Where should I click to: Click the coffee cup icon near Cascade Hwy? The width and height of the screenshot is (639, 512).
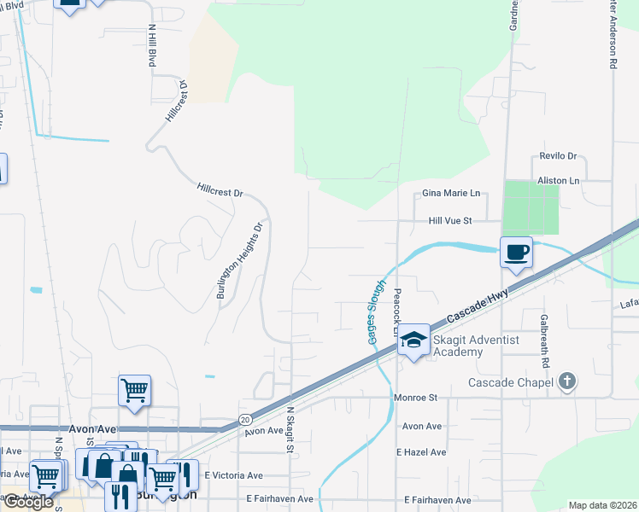(516, 252)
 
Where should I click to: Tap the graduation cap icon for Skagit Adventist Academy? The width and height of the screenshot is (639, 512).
(414, 341)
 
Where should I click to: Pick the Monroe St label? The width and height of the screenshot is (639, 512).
(415, 398)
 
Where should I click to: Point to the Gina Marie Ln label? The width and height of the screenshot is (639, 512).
(451, 194)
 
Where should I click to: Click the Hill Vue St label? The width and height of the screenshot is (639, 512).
(450, 221)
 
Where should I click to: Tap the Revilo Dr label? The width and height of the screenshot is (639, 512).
(558, 157)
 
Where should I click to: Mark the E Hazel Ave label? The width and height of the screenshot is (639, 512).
(421, 452)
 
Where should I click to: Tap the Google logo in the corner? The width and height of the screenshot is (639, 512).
(28, 502)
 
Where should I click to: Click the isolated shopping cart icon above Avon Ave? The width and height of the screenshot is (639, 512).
(135, 390)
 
